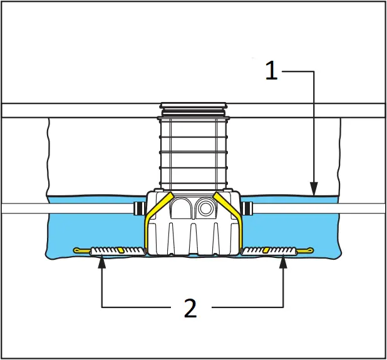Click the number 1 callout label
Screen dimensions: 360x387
coord(271,70)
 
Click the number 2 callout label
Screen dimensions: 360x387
coord(190,308)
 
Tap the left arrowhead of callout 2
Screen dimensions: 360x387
coord(102,262)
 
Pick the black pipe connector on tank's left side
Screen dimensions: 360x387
coord(138,208)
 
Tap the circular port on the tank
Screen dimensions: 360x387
coord(205,208)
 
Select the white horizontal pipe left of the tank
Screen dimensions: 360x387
coord(69,208)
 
